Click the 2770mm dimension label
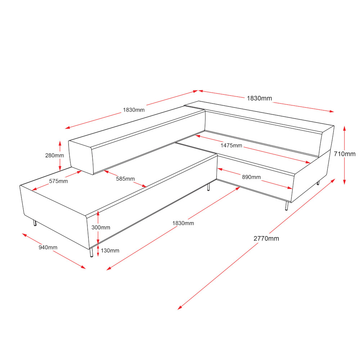coord(266,239)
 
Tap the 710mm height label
coord(345,154)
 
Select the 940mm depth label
coord(48,247)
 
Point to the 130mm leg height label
coord(110,251)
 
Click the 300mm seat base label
coord(101,227)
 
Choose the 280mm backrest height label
coord(54,156)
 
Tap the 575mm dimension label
coord(59,181)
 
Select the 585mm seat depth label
coord(125,179)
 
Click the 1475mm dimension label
coord(231,145)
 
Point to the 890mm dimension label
coord(251,177)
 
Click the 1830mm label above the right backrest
coord(260,98)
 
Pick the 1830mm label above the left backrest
coord(134,110)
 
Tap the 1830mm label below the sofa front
coord(183,223)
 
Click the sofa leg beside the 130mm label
coord(91,252)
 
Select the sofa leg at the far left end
coord(35,223)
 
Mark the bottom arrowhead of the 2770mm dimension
coord(180,308)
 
